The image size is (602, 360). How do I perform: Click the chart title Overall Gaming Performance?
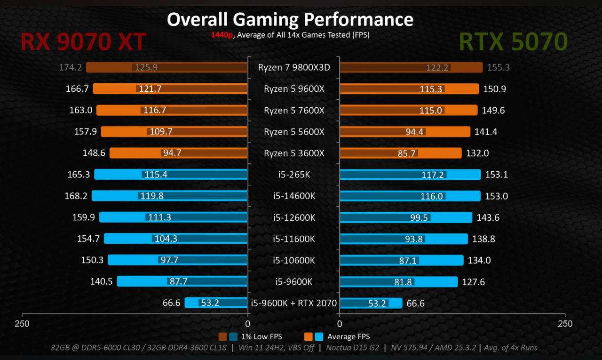click(290, 19)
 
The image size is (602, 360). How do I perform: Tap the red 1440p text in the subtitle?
click(222, 35)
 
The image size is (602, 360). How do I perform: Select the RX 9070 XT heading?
click(83, 42)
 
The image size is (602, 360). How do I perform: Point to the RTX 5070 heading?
click(513, 42)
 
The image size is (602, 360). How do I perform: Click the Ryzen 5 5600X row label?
click(294, 132)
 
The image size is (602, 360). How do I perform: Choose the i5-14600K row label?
click(294, 196)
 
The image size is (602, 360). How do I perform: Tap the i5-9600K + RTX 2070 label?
click(294, 303)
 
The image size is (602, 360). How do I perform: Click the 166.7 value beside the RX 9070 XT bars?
click(78, 89)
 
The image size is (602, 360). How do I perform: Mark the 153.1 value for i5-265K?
click(496, 175)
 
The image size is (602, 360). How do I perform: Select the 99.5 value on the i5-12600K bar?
click(419, 217)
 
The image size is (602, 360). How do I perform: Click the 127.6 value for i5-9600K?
click(473, 282)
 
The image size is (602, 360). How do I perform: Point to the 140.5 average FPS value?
click(101, 282)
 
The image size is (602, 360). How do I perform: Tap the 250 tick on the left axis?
click(22, 324)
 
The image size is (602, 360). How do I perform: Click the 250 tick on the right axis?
click(565, 324)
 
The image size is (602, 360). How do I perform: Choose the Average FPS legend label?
click(349, 336)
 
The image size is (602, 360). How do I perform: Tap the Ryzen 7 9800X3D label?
click(294, 67)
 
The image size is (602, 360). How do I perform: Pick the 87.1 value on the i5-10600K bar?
click(407, 260)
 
